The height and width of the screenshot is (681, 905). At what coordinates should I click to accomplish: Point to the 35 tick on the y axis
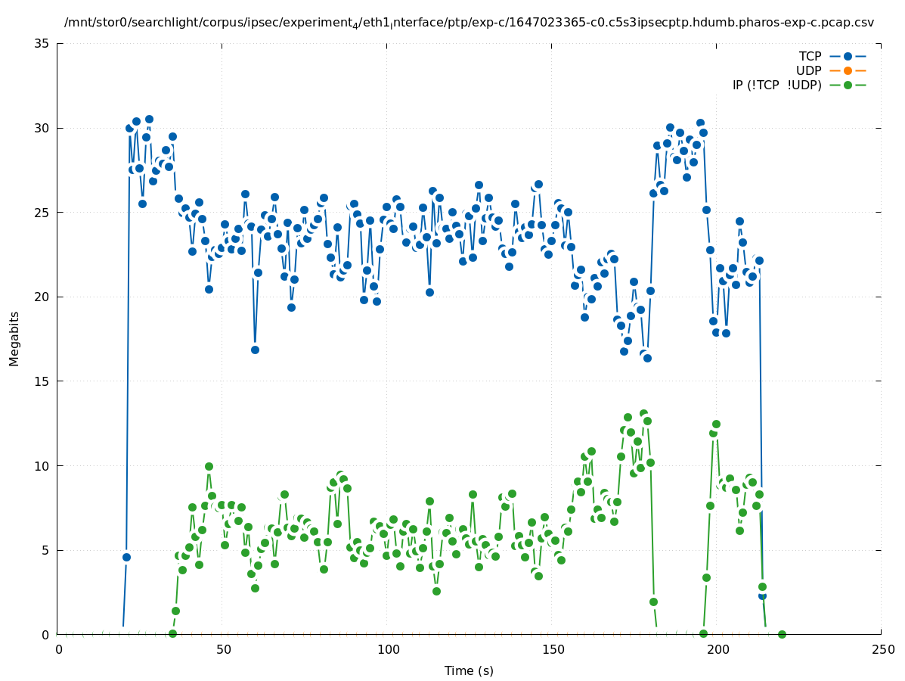(x=42, y=43)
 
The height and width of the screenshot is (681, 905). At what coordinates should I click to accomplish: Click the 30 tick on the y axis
(x=42, y=128)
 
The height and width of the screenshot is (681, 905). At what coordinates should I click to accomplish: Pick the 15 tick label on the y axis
(x=42, y=381)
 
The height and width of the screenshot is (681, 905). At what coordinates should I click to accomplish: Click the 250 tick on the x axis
(x=882, y=650)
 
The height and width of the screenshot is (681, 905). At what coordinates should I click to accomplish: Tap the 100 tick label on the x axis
(x=388, y=650)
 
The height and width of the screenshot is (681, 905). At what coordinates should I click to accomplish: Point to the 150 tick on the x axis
(x=553, y=650)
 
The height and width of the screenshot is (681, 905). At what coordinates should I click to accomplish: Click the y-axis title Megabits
(x=14, y=338)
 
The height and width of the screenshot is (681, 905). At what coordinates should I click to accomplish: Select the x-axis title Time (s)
(x=469, y=671)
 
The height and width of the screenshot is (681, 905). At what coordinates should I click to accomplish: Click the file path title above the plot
(x=469, y=23)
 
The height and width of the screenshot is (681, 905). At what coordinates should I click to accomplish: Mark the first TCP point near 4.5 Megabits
(x=126, y=557)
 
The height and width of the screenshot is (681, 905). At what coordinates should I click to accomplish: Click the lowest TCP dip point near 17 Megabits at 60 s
(x=255, y=350)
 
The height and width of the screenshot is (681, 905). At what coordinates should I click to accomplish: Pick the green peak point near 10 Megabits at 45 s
(x=209, y=466)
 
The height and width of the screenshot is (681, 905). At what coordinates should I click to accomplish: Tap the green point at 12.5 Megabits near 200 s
(x=716, y=424)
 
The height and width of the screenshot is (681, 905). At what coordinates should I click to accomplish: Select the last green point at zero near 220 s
(x=782, y=634)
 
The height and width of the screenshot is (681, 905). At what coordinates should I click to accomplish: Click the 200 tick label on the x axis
(x=717, y=650)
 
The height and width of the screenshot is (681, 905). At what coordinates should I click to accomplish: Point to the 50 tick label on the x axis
(x=223, y=650)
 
